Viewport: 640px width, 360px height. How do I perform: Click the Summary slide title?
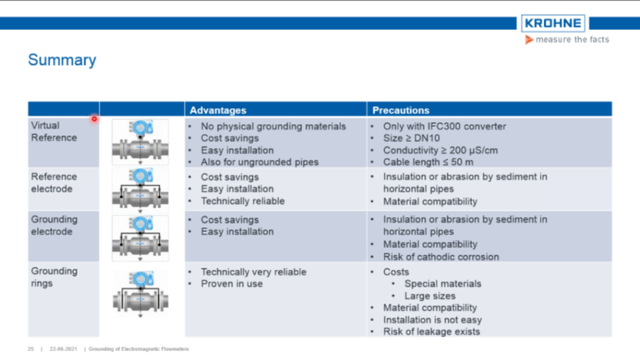click(x=62, y=60)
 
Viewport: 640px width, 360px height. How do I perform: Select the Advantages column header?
click(x=217, y=109)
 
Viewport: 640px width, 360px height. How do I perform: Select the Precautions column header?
click(x=401, y=109)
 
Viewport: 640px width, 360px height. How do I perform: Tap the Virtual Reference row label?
click(x=54, y=132)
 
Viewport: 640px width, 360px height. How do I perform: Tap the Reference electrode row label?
click(x=54, y=182)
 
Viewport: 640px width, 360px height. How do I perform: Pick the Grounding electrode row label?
click(x=54, y=226)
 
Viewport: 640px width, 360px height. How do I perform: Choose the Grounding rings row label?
click(x=54, y=277)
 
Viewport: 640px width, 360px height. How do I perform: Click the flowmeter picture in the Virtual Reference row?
click(x=141, y=142)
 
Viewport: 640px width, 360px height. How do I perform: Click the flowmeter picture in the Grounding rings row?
click(x=141, y=291)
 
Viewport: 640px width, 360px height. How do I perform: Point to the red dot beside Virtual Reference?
click(x=94, y=118)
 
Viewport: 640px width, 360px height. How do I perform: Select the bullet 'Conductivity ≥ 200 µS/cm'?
click(x=443, y=151)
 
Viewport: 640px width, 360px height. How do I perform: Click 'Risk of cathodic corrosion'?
click(x=440, y=257)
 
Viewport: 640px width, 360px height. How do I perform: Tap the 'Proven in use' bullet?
click(x=232, y=284)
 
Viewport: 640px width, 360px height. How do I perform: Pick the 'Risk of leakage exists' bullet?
click(x=431, y=332)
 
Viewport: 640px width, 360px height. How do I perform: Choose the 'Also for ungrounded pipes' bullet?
click(x=259, y=162)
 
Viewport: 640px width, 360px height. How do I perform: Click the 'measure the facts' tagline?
click(x=572, y=40)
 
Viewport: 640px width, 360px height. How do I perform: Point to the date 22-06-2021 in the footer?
click(x=63, y=349)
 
